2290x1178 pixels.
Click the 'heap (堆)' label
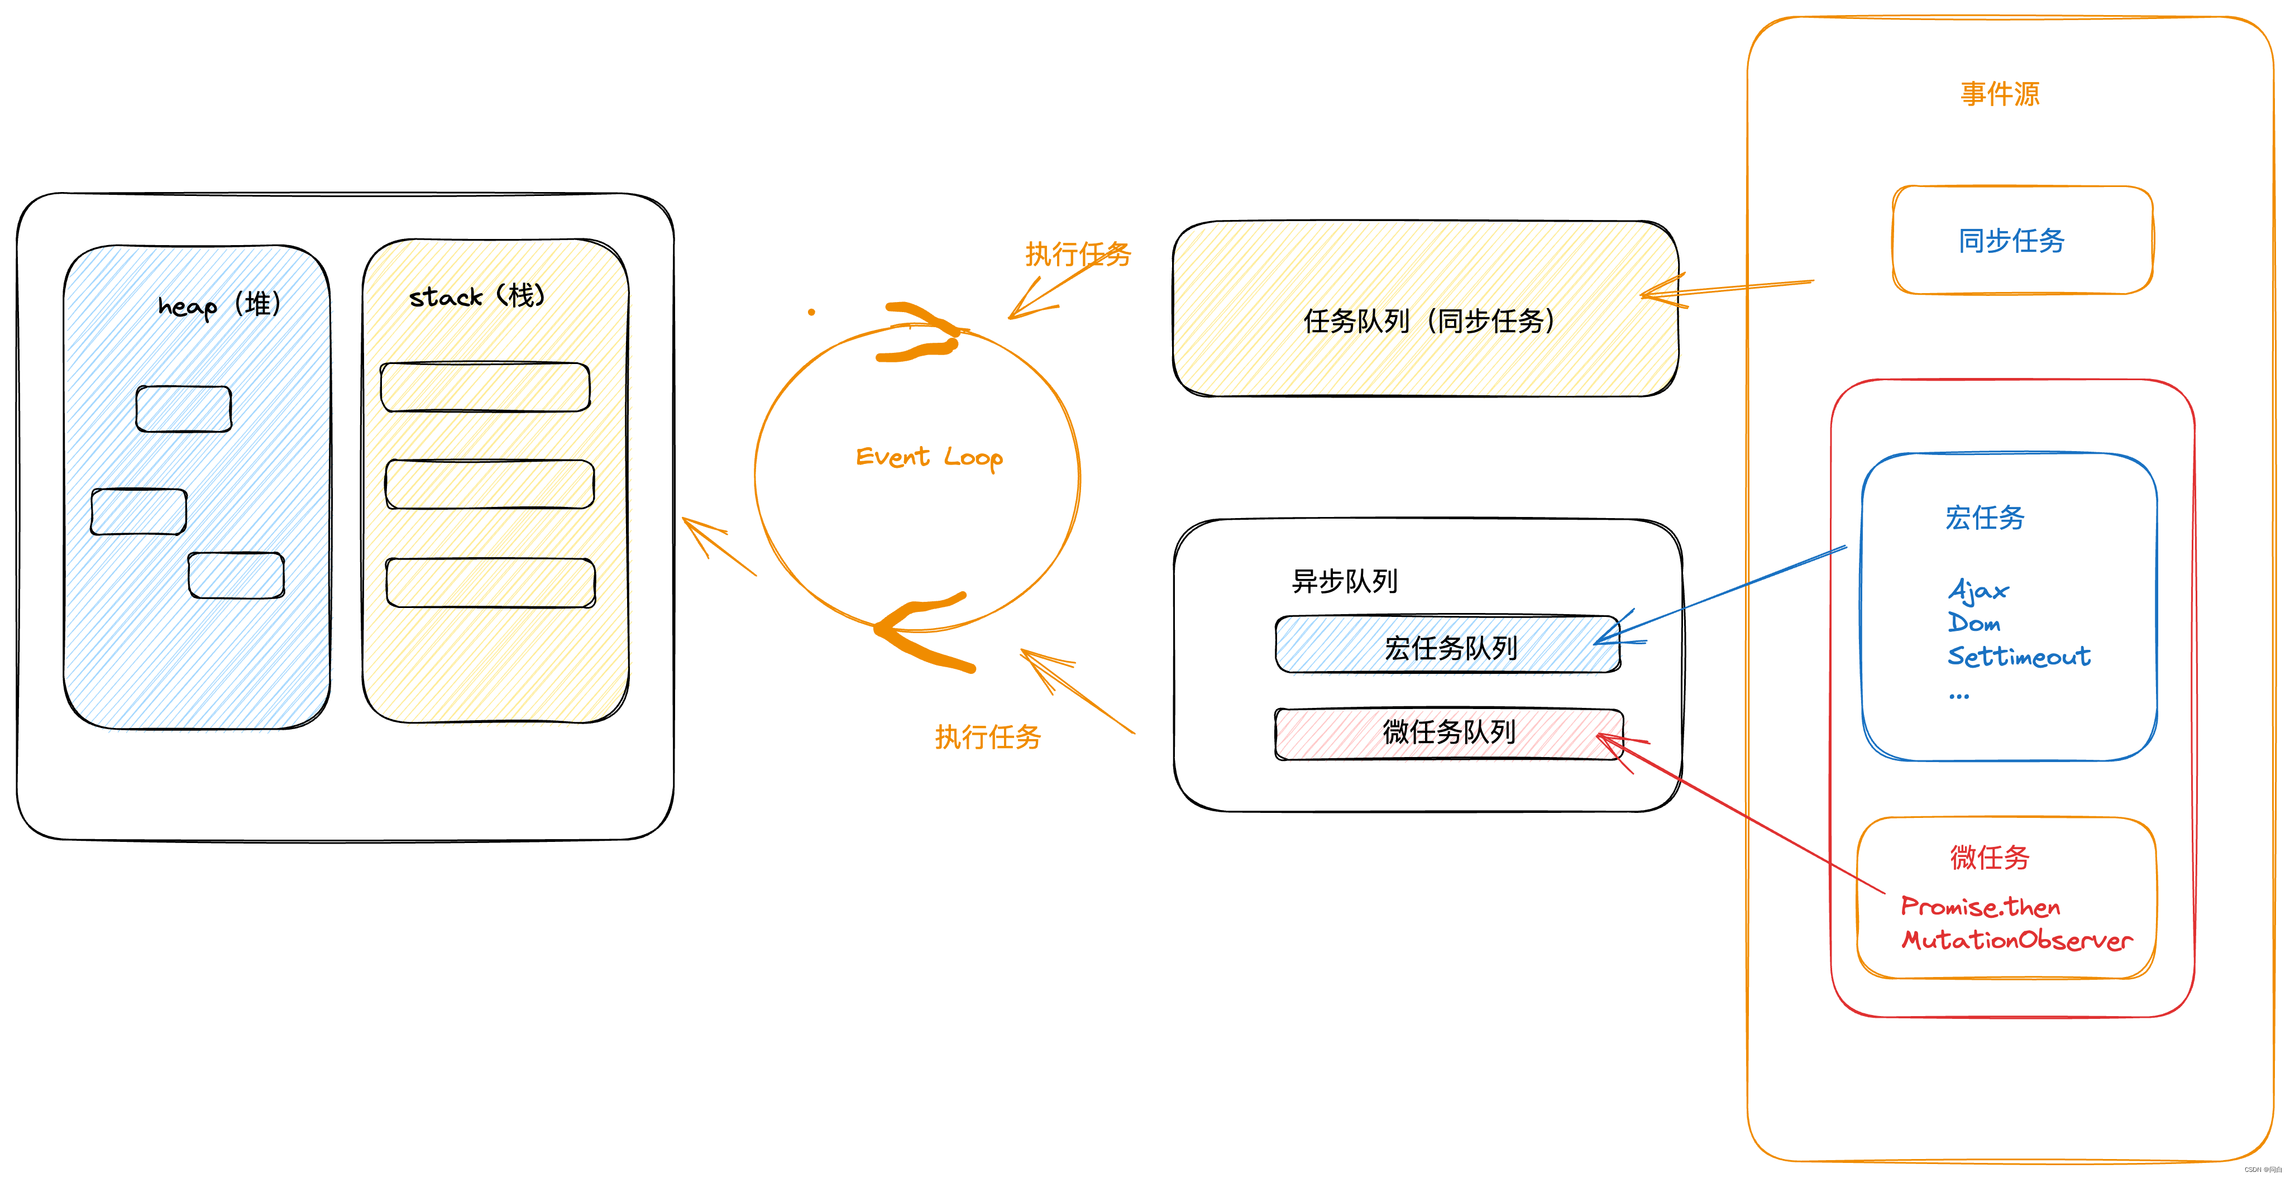point(219,305)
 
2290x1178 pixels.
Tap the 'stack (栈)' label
point(476,296)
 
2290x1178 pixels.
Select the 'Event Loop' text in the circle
point(929,457)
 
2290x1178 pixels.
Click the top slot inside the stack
point(485,387)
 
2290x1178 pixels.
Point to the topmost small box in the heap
point(184,409)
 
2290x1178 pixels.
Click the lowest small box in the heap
point(236,575)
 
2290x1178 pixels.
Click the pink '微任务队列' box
point(1449,732)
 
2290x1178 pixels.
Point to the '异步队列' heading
point(1344,581)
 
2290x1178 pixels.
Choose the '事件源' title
point(2000,93)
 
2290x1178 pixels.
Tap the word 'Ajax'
point(1978,590)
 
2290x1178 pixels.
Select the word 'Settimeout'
point(2019,656)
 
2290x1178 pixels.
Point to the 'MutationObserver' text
point(2017,940)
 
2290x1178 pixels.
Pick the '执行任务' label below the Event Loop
point(988,737)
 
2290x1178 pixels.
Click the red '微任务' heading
point(1990,857)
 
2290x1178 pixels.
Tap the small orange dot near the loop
point(811,312)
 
